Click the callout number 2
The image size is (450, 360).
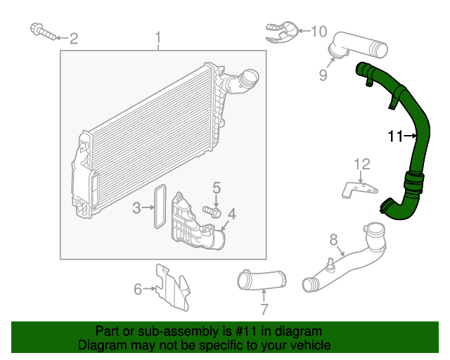pyautogui.click(x=73, y=38)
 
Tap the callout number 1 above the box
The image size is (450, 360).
pyautogui.click(x=158, y=37)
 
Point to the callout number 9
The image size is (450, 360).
pyautogui.click(x=323, y=73)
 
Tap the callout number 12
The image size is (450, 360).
pyautogui.click(x=361, y=165)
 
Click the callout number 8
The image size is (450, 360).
pyautogui.click(x=334, y=239)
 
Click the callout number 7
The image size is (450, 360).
pyautogui.click(x=264, y=309)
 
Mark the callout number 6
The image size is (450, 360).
pyautogui.click(x=138, y=288)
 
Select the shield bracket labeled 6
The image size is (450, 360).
pyautogui.click(x=172, y=286)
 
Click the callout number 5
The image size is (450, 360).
pyautogui.click(x=217, y=188)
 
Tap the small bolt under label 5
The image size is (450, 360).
pyautogui.click(x=212, y=210)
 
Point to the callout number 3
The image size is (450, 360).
pyautogui.click(x=138, y=207)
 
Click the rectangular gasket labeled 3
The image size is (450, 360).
pyautogui.click(x=160, y=207)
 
